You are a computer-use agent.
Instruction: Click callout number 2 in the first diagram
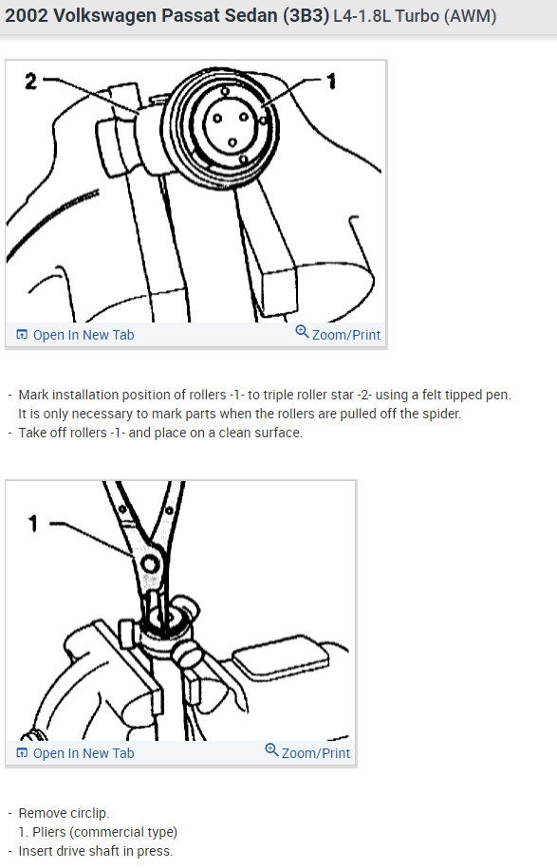[30, 82]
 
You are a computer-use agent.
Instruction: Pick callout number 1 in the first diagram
[331, 83]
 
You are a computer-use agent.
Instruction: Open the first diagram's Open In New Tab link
[84, 335]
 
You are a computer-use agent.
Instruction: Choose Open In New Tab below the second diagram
[84, 753]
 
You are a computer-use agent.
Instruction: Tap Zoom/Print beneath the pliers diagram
[316, 753]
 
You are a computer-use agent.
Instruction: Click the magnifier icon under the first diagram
[302, 333]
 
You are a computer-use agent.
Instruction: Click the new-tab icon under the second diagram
[22, 753]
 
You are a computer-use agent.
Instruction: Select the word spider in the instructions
[437, 415]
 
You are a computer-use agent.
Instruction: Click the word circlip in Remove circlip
[88, 813]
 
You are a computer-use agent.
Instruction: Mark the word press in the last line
[154, 851]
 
